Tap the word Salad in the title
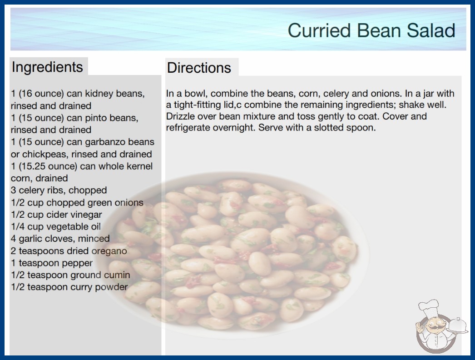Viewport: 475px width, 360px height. [x=431, y=30]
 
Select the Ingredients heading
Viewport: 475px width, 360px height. [x=47, y=67]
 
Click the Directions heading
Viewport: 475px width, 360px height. [x=199, y=68]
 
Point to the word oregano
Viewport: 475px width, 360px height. [x=109, y=251]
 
